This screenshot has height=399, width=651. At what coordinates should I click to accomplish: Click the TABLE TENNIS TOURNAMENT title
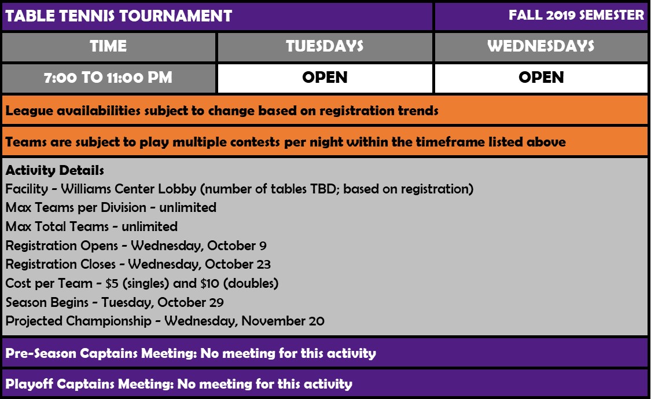pyautogui.click(x=118, y=16)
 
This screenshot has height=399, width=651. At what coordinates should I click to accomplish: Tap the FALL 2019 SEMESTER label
pyautogui.click(x=576, y=16)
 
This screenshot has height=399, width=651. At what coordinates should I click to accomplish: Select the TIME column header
pyautogui.click(x=108, y=46)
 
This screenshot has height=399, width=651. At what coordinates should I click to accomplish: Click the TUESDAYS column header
pyautogui.click(x=325, y=46)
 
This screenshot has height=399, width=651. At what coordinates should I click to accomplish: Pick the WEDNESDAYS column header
pyautogui.click(x=541, y=46)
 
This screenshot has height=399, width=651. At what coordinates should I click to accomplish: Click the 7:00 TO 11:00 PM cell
pyautogui.click(x=108, y=77)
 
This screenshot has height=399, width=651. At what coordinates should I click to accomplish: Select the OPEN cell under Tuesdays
pyautogui.click(x=325, y=77)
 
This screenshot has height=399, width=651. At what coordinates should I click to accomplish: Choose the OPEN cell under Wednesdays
pyautogui.click(x=541, y=77)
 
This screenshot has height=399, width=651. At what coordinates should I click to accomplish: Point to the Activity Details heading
pyautogui.click(x=54, y=170)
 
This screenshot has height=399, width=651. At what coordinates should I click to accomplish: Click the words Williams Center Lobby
pyautogui.click(x=128, y=189)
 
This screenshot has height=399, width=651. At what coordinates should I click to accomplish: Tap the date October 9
pyautogui.click(x=237, y=246)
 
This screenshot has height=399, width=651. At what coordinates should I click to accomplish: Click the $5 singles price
pyautogui.click(x=112, y=283)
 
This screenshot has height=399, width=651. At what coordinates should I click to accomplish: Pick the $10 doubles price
pyautogui.click(x=209, y=283)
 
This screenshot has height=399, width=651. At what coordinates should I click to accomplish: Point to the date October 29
pyautogui.click(x=190, y=302)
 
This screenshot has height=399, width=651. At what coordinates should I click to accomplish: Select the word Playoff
pyautogui.click(x=29, y=384)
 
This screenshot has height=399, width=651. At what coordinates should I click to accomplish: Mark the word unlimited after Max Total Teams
pyautogui.click(x=149, y=226)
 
